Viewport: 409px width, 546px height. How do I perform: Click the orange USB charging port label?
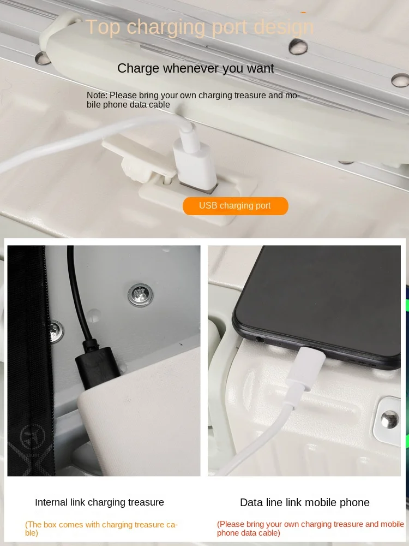click(x=236, y=206)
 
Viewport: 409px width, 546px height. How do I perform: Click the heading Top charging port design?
click(x=200, y=27)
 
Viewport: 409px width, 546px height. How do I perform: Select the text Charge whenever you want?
click(x=195, y=68)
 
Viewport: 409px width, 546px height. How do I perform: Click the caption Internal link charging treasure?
click(x=99, y=502)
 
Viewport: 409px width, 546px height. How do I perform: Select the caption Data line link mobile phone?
click(x=305, y=502)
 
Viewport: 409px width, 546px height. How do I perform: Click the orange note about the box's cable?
click(x=101, y=529)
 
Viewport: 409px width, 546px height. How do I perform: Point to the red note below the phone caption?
click(x=310, y=528)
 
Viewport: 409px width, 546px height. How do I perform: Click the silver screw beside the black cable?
click(x=140, y=295)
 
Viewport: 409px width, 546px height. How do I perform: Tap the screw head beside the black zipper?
click(x=56, y=331)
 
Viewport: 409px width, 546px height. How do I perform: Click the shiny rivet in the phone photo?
click(x=389, y=419)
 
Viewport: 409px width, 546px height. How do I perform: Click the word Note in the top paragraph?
click(x=97, y=95)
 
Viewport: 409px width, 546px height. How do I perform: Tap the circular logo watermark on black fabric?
click(x=33, y=437)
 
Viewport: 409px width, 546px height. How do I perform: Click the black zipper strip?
click(x=31, y=361)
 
